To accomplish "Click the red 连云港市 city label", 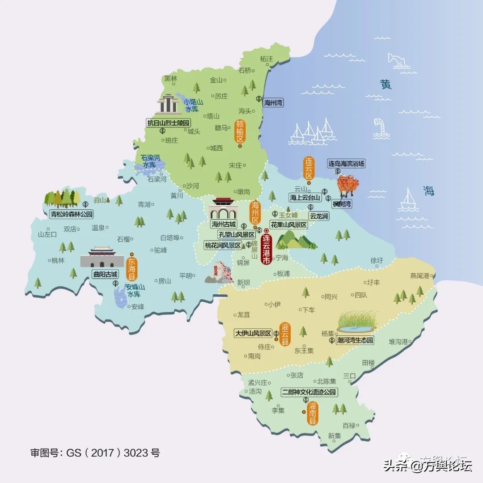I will click(266, 249).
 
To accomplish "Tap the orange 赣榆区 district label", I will click(240, 130).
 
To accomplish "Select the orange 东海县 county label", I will click(132, 267).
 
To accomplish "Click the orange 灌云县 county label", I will click(285, 334).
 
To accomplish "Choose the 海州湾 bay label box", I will click(273, 102).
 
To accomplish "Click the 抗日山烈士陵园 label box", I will click(169, 122).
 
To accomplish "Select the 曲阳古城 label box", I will click(105, 274).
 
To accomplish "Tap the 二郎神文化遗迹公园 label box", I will click(309, 392).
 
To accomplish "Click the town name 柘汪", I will click(266, 59).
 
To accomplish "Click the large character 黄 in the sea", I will click(386, 84).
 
